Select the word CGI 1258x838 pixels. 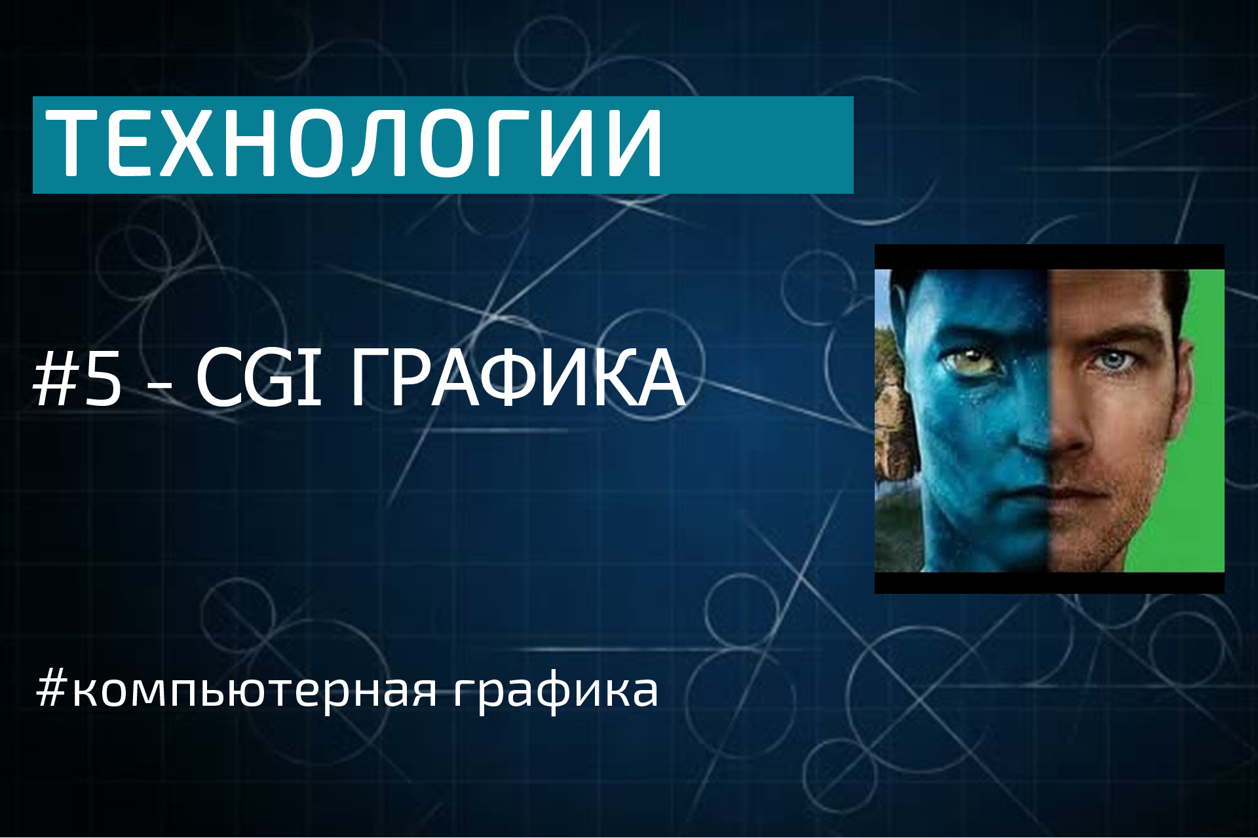coord(259,378)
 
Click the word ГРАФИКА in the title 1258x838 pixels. coord(518,378)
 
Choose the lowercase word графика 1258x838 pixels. coord(556,691)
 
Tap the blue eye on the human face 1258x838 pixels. coord(1114,360)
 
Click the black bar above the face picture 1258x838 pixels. coord(1049,257)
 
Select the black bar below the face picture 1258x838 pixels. coord(1049,583)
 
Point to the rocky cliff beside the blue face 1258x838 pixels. coord(891,406)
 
